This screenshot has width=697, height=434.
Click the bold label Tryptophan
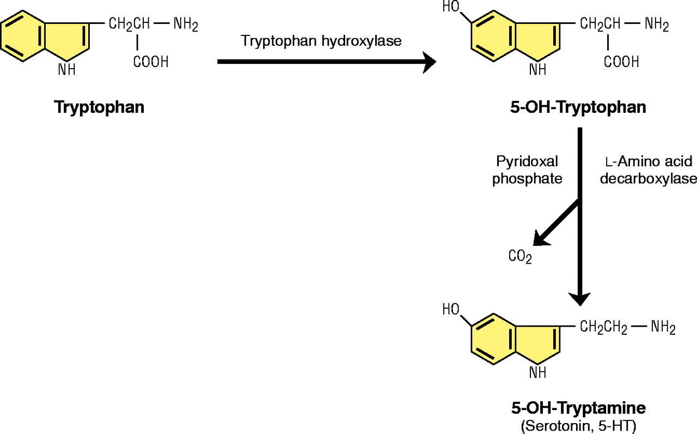click(x=99, y=107)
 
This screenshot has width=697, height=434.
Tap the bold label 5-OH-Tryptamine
click(x=579, y=407)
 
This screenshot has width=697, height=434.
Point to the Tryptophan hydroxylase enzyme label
click(x=322, y=41)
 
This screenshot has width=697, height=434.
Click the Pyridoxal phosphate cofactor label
click(x=527, y=170)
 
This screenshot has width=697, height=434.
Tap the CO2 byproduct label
click(x=519, y=256)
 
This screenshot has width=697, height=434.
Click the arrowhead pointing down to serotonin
click(x=580, y=297)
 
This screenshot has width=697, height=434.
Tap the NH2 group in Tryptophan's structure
click(x=186, y=24)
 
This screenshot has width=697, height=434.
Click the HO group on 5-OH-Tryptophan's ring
click(x=451, y=7)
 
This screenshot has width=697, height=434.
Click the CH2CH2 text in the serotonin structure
click(x=603, y=328)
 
